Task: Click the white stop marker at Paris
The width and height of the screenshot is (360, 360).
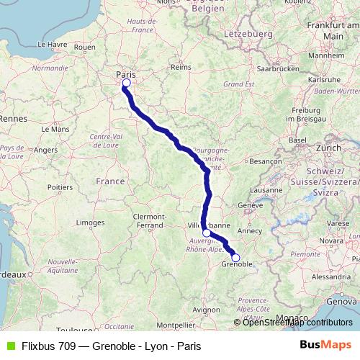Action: pos(126,84)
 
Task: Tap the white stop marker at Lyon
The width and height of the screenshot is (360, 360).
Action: pos(207,233)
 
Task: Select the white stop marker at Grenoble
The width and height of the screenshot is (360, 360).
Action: pos(235,258)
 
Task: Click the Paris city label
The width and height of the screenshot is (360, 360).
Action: pos(126,73)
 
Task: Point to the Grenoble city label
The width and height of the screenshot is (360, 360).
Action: pos(236,266)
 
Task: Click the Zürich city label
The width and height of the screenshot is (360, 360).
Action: pos(328,148)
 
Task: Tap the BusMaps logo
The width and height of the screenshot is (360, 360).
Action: pos(326,346)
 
